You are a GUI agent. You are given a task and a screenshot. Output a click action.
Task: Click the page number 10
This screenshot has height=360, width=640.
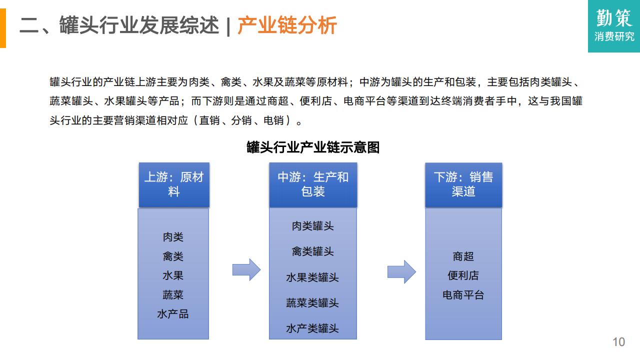click(x=618, y=342)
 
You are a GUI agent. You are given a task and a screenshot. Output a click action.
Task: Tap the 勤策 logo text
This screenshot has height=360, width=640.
click(x=613, y=18)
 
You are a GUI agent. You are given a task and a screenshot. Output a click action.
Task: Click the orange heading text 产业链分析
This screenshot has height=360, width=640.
click(x=287, y=25)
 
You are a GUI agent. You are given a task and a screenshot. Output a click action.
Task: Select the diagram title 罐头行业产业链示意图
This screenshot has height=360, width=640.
click(x=313, y=147)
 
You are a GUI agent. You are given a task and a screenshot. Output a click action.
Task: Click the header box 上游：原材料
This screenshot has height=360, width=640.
click(x=174, y=185)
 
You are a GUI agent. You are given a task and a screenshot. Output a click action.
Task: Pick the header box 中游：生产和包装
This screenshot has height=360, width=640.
click(x=313, y=185)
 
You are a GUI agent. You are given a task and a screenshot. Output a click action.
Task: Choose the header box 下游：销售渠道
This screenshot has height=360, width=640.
click(x=463, y=185)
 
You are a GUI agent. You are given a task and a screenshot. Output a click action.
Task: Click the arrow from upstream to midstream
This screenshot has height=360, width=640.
click(x=246, y=269)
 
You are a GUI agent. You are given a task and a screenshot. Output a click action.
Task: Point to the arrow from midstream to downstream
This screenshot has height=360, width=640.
click(x=401, y=271)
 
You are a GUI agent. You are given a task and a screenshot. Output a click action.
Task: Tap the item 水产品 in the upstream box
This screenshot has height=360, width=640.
click(x=173, y=314)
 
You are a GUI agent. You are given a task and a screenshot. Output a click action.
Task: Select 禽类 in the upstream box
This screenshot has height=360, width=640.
click(x=173, y=256)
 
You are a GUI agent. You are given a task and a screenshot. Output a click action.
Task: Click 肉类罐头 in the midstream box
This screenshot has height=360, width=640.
click(x=313, y=226)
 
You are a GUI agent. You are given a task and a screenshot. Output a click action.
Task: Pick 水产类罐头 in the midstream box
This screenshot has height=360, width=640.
click(x=312, y=328)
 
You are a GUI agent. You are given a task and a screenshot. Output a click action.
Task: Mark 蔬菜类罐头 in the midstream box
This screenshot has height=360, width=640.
click(x=312, y=303)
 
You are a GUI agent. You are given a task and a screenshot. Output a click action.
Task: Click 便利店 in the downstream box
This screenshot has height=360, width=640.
click(x=463, y=275)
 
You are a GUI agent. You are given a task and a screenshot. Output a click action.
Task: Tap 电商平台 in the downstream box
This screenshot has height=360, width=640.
click(x=463, y=295)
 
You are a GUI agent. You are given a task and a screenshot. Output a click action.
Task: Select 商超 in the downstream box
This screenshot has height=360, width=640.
click(x=463, y=256)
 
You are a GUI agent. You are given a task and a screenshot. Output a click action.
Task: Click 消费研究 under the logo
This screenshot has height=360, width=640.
click(x=614, y=36)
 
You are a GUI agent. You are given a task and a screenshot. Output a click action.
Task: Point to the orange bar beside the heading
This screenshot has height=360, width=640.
click(x=3, y=28)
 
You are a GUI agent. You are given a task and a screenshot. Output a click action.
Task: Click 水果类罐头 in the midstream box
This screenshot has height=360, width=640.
click(x=312, y=277)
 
